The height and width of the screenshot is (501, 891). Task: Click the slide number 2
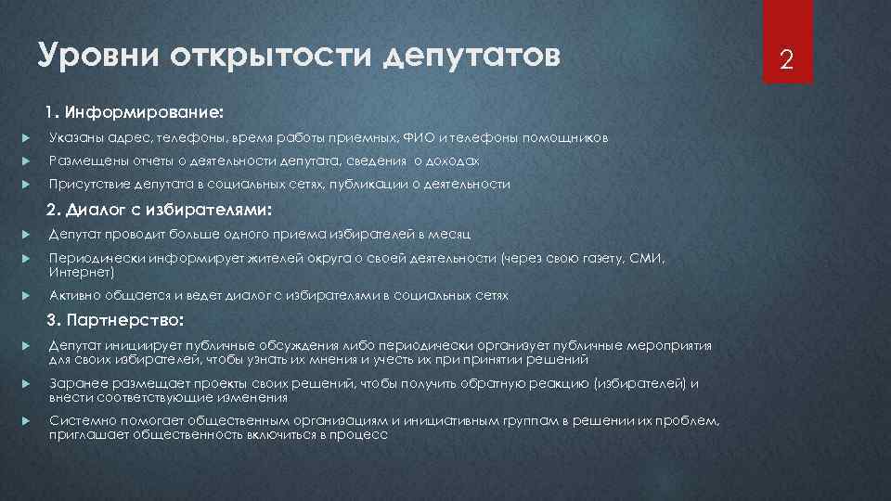[x=786, y=61]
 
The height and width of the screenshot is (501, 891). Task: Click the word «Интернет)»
[x=82, y=273]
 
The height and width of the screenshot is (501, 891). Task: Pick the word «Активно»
[x=73, y=296]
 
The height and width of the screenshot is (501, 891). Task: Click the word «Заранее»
[x=74, y=383]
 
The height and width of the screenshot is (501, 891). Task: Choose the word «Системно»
[x=77, y=420]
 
